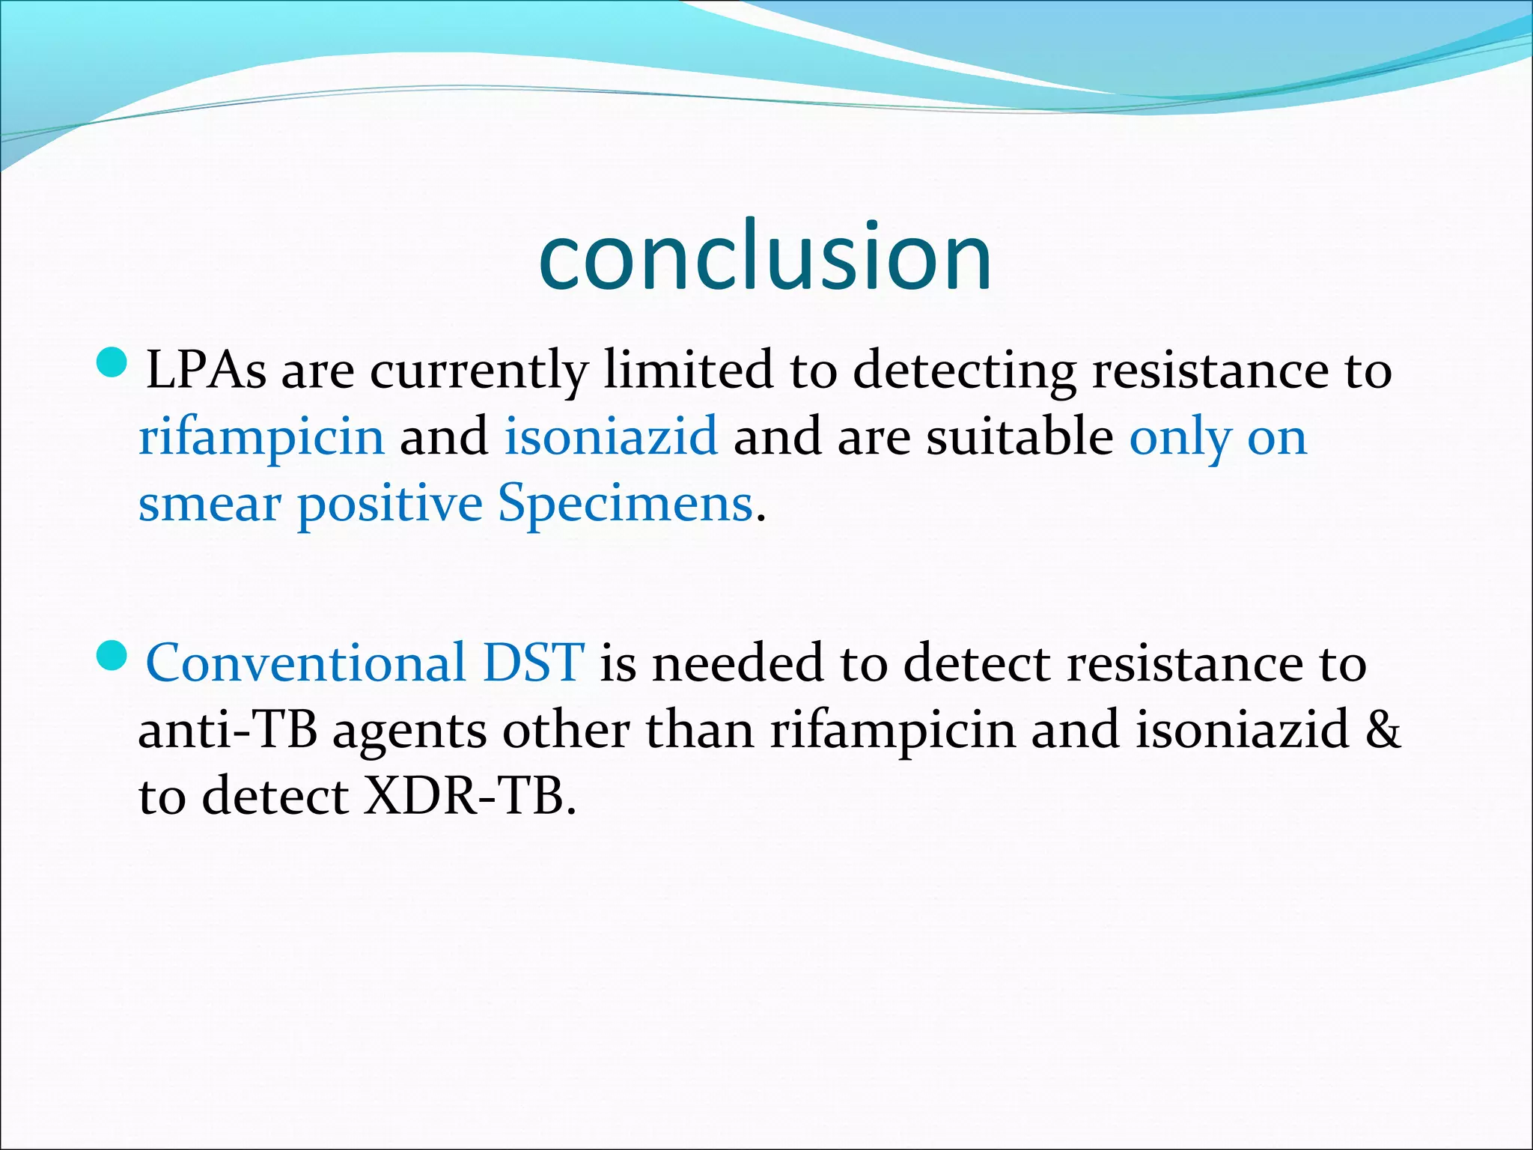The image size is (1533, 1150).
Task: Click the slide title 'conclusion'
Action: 765,256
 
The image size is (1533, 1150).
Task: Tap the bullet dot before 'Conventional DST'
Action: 113,656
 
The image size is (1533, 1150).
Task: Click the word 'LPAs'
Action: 206,370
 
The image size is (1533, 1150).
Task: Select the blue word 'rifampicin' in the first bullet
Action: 262,437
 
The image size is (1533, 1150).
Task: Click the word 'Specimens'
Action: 626,503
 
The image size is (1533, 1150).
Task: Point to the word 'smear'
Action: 210,505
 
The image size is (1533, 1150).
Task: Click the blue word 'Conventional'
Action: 306,663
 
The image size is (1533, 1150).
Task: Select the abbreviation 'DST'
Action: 533,663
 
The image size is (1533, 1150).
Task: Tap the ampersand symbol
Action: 1383,730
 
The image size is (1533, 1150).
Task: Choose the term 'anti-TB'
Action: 228,730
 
